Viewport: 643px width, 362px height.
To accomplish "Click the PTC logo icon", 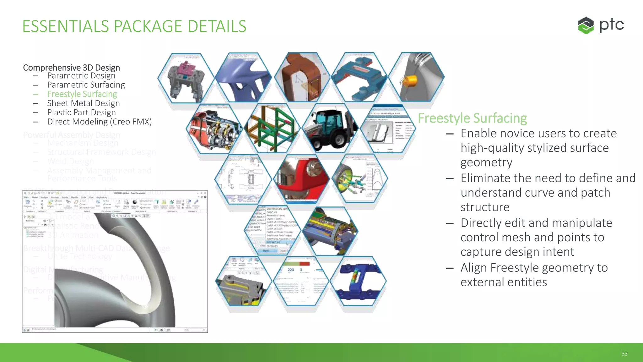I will (x=586, y=25).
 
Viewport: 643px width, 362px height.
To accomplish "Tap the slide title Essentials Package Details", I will (x=134, y=26).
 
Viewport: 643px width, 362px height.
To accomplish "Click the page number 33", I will (x=624, y=354).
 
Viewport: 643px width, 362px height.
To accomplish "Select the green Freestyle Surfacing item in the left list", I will (x=82, y=94).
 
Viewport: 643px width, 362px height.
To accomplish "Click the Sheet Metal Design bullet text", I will (x=83, y=103).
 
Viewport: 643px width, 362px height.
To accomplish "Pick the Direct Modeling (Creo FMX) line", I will (x=99, y=122).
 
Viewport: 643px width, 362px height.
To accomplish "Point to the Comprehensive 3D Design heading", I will (x=71, y=68).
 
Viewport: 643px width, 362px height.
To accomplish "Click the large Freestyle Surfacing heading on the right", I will (x=472, y=118).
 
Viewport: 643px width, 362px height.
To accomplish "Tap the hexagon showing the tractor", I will (x=330, y=129).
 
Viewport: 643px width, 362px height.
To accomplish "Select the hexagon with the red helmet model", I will (x=301, y=179).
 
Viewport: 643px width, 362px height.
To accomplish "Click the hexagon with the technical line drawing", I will (x=243, y=179).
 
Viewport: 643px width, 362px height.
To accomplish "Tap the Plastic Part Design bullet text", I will (x=81, y=112).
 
